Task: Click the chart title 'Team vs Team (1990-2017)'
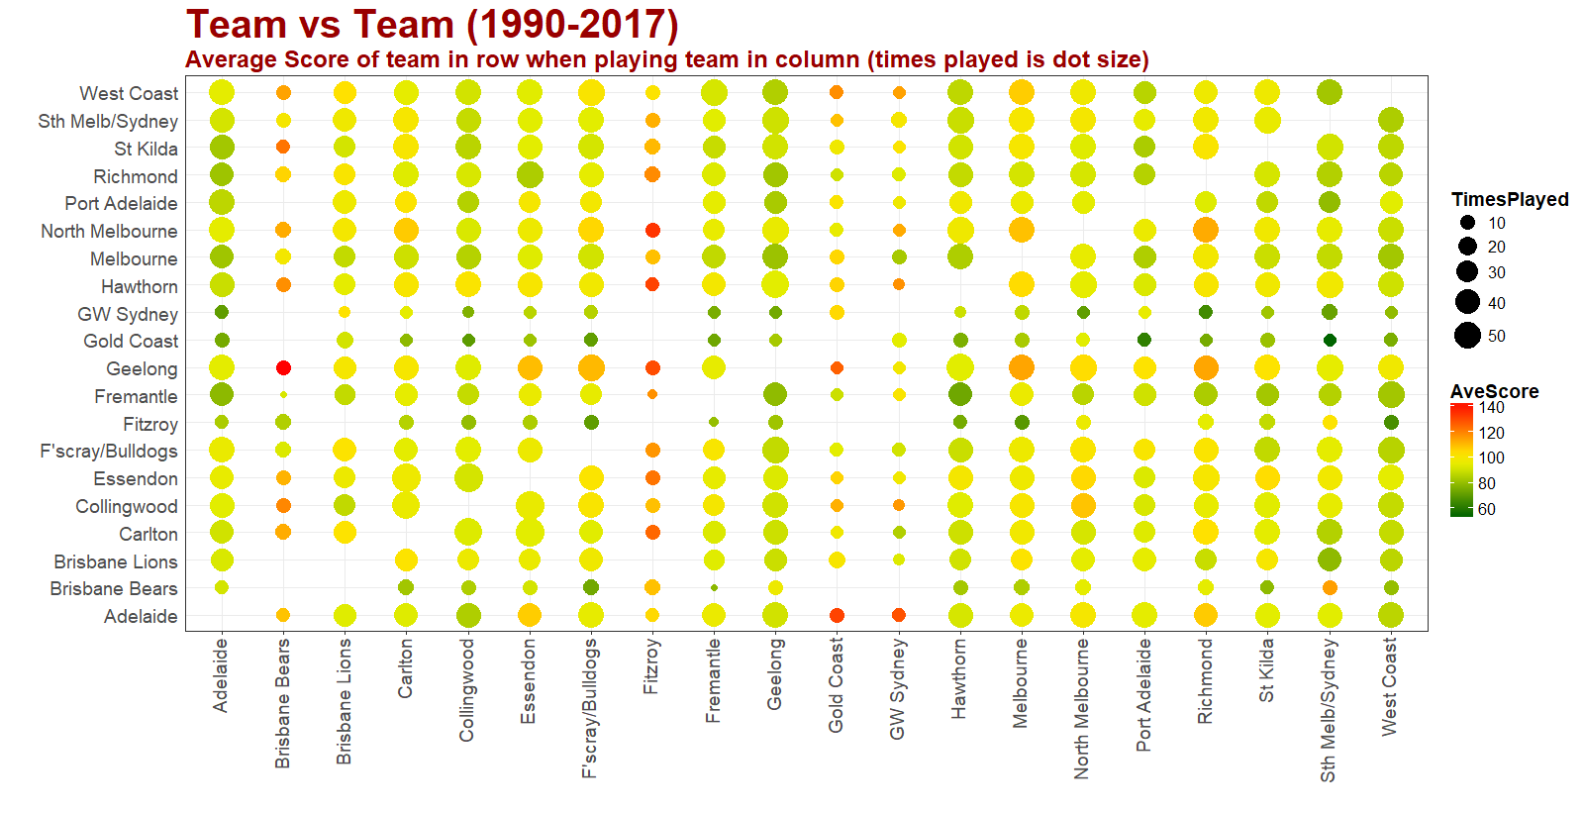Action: [x=432, y=24]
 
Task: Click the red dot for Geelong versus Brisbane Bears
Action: [x=283, y=368]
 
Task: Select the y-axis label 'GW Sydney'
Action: [x=128, y=314]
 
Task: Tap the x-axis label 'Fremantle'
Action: [x=713, y=680]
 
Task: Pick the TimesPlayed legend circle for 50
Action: [x=1467, y=336]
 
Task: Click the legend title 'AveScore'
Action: [x=1494, y=391]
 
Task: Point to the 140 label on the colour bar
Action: [x=1491, y=408]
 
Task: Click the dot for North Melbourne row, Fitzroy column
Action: [x=652, y=231]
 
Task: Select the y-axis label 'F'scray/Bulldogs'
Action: [x=109, y=452]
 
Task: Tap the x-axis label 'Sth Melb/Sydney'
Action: [x=1328, y=709]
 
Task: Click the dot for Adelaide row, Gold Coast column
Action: [x=837, y=616]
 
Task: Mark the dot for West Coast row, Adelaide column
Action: [x=222, y=93]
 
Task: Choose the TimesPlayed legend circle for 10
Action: [x=1467, y=223]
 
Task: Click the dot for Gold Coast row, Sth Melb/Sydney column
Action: [x=1330, y=341]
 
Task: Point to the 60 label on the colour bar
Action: [x=1487, y=510]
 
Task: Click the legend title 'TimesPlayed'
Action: [x=1509, y=199]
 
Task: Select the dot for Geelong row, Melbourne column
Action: [x=1022, y=368]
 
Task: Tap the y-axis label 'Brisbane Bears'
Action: [x=114, y=588]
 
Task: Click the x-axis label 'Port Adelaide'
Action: [x=1143, y=694]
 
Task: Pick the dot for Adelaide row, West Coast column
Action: [x=1391, y=616]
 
